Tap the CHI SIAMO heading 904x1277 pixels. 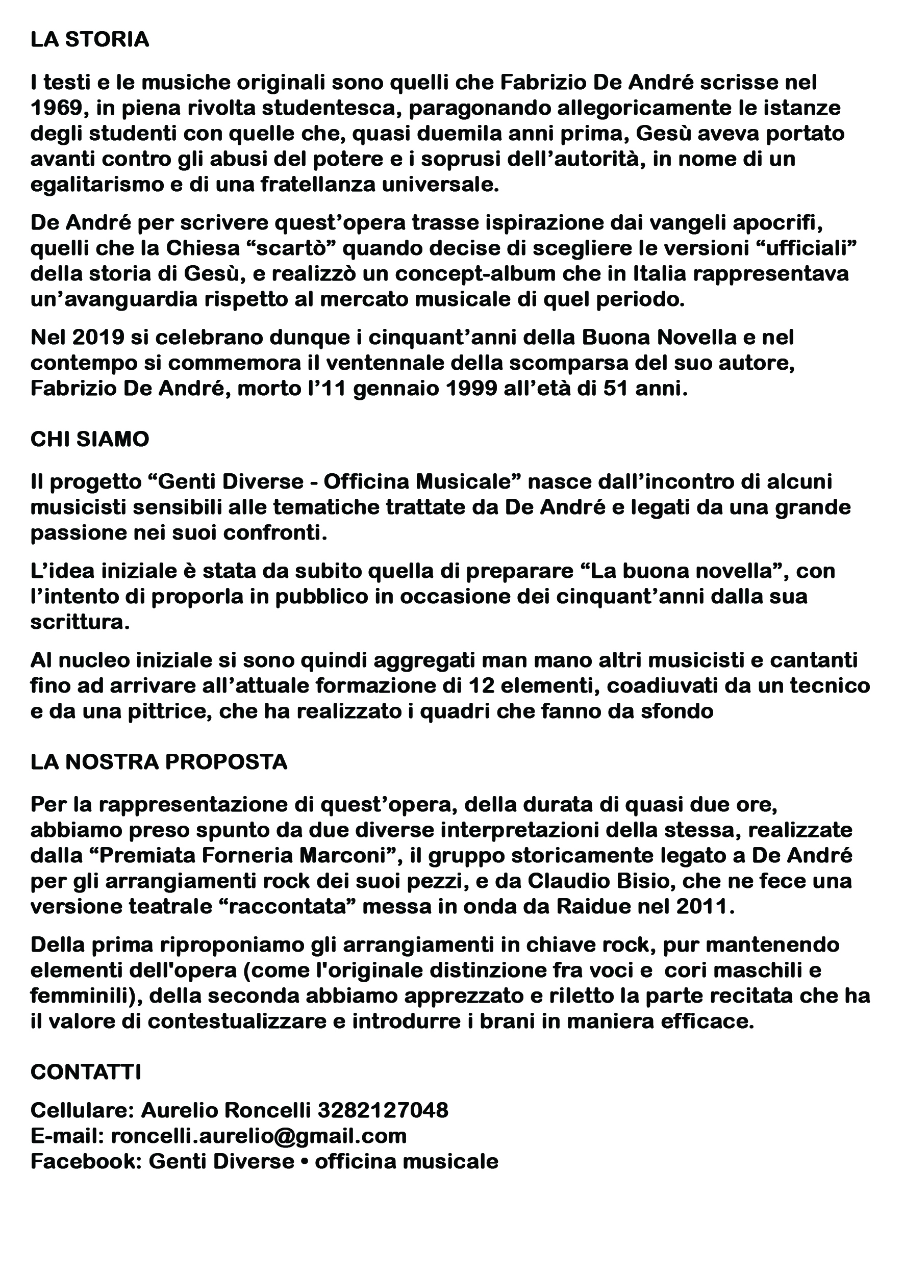click(90, 440)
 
